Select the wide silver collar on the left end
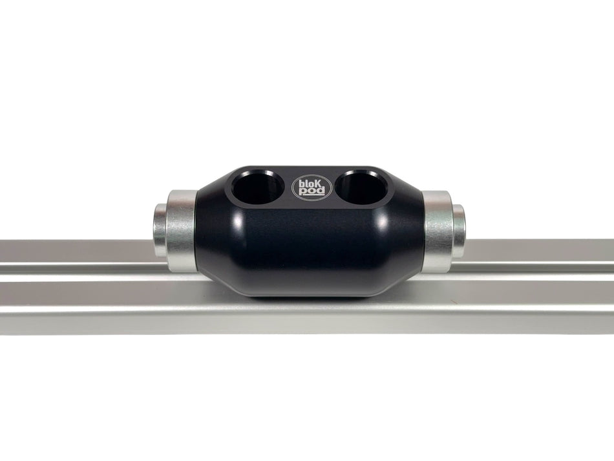point(180,229)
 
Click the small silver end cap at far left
point(160,230)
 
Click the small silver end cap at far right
point(458,230)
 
